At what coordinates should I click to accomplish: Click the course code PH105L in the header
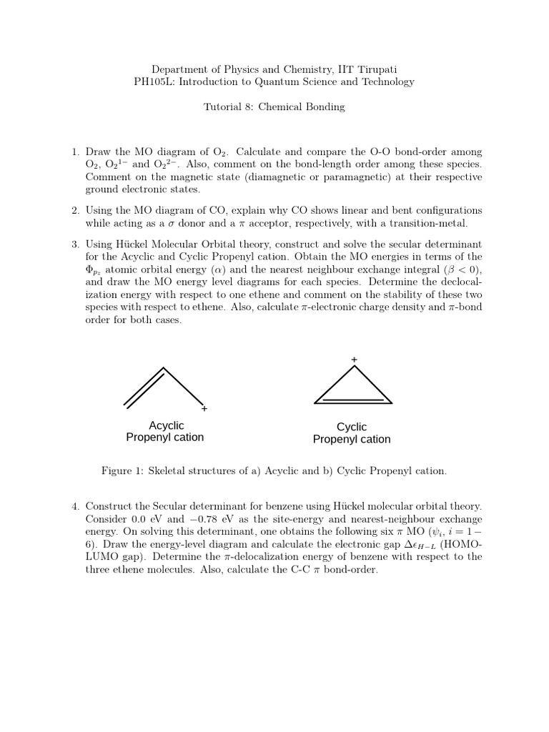tap(154, 81)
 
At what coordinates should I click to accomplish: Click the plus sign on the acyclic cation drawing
tap(204, 409)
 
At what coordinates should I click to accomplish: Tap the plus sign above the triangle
tap(353, 359)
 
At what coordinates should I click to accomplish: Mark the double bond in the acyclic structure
tap(144, 388)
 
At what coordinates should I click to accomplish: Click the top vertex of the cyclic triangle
tap(353, 367)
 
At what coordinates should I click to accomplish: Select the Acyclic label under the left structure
tap(166, 426)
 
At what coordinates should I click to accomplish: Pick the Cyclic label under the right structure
tap(352, 427)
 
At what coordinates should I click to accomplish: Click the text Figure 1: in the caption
tap(126, 471)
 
